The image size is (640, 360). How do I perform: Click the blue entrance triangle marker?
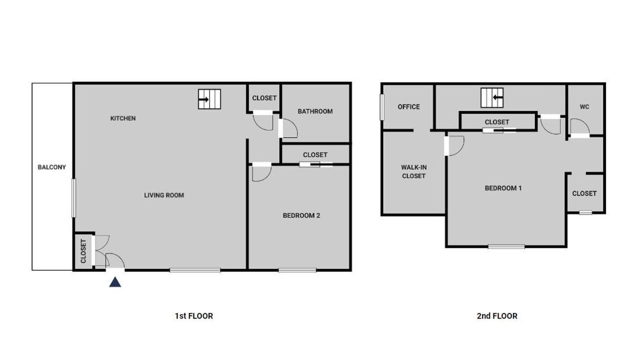(115, 282)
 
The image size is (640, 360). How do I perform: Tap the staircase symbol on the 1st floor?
(209, 99)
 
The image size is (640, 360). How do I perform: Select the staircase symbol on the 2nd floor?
(492, 97)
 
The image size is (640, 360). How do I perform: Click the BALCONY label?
(51, 167)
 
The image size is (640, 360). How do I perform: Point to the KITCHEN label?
(123, 118)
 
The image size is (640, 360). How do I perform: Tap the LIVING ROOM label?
(164, 195)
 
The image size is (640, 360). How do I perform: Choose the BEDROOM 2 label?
(301, 215)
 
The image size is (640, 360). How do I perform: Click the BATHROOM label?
(315, 111)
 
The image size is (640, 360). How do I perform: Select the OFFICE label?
(409, 107)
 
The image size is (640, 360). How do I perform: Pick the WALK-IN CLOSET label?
(413, 171)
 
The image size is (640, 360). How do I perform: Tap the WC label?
(584, 107)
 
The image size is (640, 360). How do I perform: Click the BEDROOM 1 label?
(503, 188)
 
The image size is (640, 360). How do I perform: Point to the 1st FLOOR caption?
(194, 316)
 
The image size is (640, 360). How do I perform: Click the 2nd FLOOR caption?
(497, 316)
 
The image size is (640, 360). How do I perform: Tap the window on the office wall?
(382, 107)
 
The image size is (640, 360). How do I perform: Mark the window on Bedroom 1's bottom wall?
(506, 247)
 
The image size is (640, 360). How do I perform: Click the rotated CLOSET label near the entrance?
(83, 251)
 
